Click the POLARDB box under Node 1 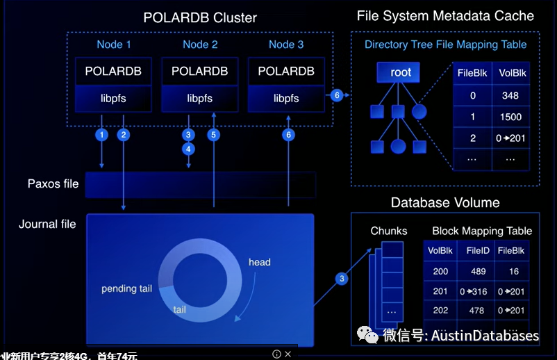point(113,72)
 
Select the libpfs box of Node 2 point(199,98)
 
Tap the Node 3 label point(285,44)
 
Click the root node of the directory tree point(401,72)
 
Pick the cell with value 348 point(510,96)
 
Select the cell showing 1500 point(510,117)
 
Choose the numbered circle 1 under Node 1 point(102,135)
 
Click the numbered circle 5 point(213,135)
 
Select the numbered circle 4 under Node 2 point(188,149)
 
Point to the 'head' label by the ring point(259,262)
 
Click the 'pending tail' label point(126,288)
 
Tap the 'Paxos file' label point(53,184)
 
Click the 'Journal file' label point(47,224)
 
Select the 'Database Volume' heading point(445,203)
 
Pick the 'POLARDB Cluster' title point(200,17)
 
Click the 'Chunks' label point(389,231)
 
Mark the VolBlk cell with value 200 point(440,271)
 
